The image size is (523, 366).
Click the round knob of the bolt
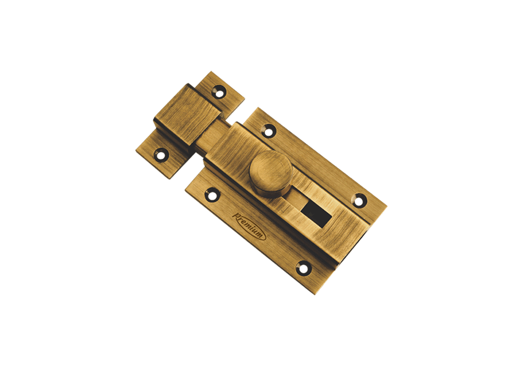(271, 174)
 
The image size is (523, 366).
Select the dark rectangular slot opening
(316, 214)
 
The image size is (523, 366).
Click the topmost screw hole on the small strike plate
(219, 92)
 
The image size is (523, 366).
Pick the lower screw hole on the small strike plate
(161, 155)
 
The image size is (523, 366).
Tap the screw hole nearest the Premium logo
(212, 195)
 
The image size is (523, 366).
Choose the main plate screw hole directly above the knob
(269, 130)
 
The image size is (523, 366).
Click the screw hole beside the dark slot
(360, 200)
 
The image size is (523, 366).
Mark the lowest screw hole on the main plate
(304, 268)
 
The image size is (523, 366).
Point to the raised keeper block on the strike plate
(187, 115)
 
